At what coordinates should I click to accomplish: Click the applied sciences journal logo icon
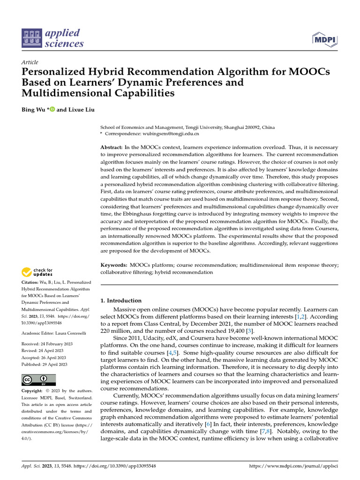[32, 38]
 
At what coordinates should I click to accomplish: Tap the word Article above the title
[30, 62]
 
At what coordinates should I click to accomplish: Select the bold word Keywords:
[114, 265]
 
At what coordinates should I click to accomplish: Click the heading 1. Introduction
[121, 300]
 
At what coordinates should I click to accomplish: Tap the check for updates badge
[37, 272]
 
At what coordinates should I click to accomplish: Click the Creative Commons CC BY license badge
[39, 380]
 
